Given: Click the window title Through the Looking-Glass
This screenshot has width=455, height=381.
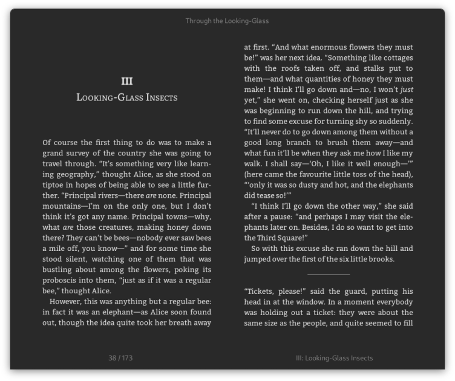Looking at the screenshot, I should coord(227,21).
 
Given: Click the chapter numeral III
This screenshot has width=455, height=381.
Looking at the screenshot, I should coord(127,81).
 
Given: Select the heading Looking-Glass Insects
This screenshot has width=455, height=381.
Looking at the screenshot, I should coord(127,97).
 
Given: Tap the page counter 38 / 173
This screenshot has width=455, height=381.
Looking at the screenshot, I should coord(120,358).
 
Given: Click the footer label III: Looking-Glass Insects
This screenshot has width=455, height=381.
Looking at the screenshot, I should coord(334,358).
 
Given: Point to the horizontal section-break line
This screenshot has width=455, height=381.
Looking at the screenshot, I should coord(329,275).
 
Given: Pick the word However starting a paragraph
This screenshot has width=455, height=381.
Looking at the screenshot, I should coord(68,301).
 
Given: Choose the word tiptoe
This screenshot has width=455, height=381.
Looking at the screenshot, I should coord(54,186).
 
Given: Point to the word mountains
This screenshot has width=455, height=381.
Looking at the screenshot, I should coord(63,207).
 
